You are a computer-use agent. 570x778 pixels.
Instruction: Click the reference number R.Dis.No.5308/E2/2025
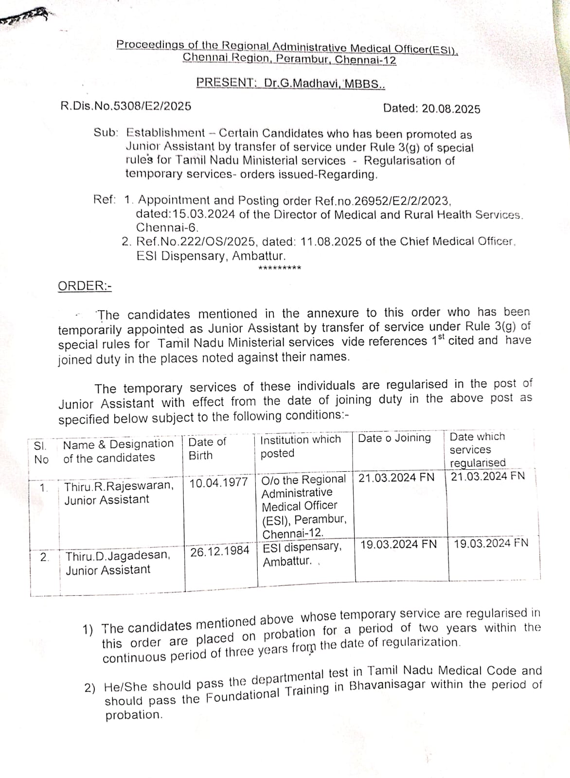[x=125, y=106]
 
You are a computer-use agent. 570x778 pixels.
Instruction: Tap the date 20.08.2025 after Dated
[x=451, y=109]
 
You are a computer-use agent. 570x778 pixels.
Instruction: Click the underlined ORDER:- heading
[x=85, y=286]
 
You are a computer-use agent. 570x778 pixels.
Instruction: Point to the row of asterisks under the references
[x=280, y=268]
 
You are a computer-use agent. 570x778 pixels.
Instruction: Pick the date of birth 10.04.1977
[x=219, y=483]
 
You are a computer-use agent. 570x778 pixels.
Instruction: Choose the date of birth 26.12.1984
[x=220, y=552]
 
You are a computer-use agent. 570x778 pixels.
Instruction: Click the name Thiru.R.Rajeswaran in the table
[x=119, y=486]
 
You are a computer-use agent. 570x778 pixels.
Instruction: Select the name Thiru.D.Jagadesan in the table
[x=118, y=555]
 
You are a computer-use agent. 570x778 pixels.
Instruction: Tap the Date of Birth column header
[x=207, y=448]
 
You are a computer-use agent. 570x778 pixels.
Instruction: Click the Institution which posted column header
[x=301, y=446]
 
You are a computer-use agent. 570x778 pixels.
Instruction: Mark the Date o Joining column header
[x=394, y=438]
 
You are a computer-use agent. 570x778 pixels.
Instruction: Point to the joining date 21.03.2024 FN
[x=396, y=477]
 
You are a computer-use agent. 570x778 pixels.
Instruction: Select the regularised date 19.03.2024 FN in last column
[x=491, y=543]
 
